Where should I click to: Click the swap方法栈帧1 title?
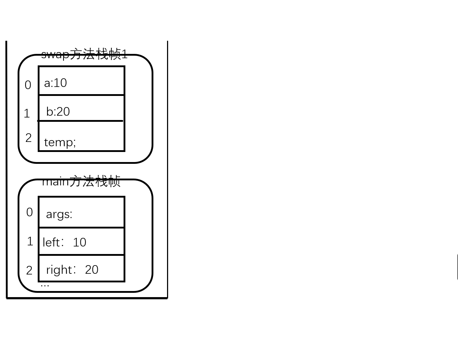point(84,54)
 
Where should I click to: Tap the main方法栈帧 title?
point(81,181)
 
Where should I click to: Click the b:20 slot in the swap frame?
point(82,109)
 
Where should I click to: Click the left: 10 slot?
point(82,241)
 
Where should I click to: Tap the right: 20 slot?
point(82,269)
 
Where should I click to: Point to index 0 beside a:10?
point(28,85)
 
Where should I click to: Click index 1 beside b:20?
point(27,114)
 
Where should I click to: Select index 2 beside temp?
point(29,138)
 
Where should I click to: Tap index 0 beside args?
point(29,212)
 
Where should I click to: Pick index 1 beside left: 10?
point(30,241)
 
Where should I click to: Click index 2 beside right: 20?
point(29,271)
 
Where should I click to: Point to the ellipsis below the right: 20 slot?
point(45,285)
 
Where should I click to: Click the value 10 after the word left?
point(79,243)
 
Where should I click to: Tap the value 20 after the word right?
point(92,270)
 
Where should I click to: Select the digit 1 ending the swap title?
point(125,54)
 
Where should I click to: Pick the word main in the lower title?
point(55,181)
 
